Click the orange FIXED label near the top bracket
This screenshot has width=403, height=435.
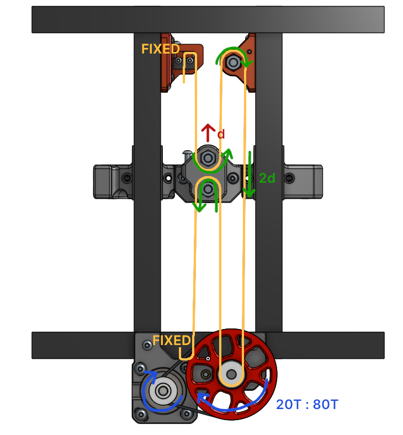click(x=160, y=49)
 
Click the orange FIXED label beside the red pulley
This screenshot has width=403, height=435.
click(x=171, y=341)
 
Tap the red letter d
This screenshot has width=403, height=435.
click(x=221, y=134)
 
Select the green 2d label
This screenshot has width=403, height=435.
click(x=267, y=178)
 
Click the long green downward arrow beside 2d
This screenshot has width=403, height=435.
click(x=250, y=174)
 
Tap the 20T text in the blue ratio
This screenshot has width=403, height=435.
click(x=288, y=405)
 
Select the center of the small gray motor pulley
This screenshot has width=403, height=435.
click(x=163, y=391)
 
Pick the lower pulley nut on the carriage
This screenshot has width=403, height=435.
click(x=209, y=189)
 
